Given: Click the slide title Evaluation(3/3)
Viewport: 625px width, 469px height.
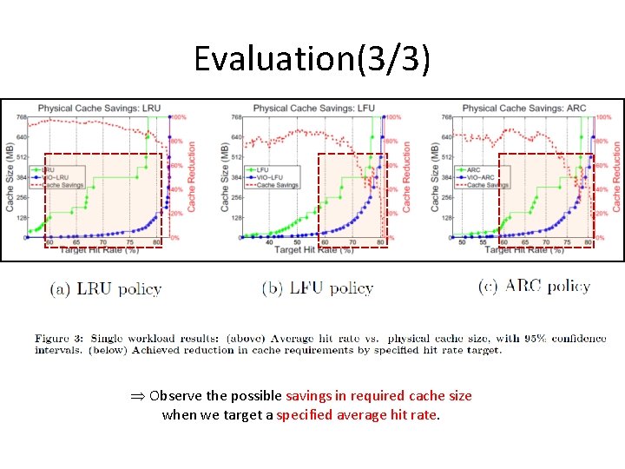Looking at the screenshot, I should (312, 58).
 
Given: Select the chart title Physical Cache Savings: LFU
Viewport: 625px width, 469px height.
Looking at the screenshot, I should (314, 108).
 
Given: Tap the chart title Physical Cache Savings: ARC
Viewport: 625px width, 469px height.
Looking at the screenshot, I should (523, 108).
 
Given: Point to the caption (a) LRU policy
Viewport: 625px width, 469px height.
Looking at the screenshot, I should (105, 289).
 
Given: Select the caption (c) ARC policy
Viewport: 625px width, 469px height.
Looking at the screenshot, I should (534, 286).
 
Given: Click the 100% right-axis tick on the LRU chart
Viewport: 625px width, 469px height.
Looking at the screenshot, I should (178, 117).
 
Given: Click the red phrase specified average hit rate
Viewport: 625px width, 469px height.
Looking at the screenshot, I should (357, 415).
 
